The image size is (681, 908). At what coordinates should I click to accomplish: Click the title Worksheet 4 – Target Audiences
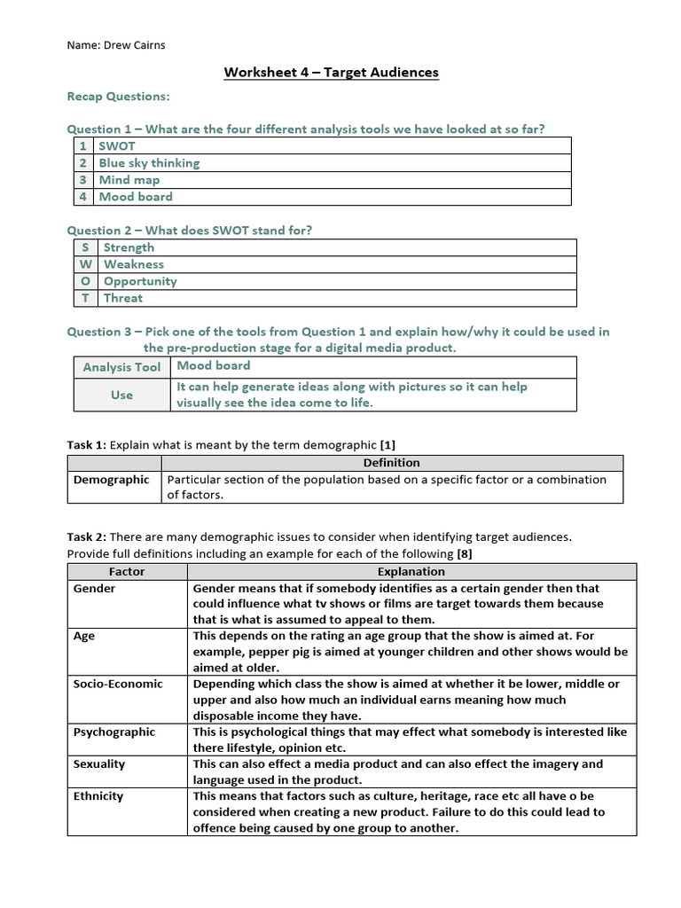[x=332, y=72]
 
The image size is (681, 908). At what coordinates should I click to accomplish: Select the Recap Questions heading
[x=118, y=96]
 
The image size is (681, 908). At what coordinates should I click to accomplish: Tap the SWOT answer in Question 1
[x=117, y=145]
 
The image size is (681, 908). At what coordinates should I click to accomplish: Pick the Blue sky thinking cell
[x=149, y=162]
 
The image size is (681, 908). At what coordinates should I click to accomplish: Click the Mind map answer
[x=129, y=179]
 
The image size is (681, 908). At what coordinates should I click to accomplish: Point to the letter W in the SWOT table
[x=84, y=264]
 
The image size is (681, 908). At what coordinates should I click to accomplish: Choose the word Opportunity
[x=140, y=281]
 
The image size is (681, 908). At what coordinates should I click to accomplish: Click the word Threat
[x=123, y=298]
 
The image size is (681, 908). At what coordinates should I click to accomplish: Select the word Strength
[x=129, y=247]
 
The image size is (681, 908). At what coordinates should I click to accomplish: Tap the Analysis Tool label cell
[x=121, y=367]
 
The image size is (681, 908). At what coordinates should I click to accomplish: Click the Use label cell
[x=121, y=395]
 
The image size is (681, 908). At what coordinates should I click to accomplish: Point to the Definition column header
[x=392, y=463]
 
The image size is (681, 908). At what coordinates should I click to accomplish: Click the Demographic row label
[x=111, y=480]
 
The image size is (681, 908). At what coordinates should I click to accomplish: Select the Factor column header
[x=127, y=572]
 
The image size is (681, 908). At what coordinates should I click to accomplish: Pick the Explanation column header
[x=411, y=572]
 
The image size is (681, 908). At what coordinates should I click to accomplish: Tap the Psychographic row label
[x=113, y=732]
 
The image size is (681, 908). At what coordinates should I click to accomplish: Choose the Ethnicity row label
[x=99, y=795]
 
